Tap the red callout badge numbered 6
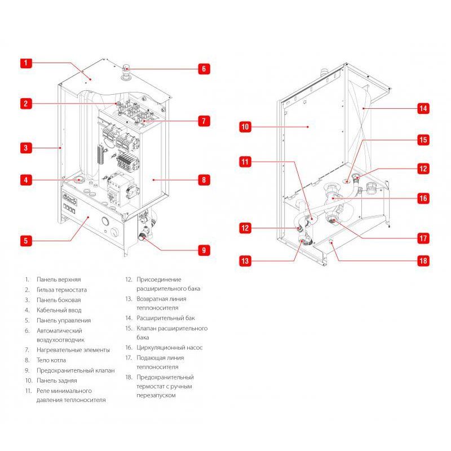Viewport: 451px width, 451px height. click(204, 69)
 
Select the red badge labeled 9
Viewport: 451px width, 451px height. click(204, 250)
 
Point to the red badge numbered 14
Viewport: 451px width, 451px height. click(423, 108)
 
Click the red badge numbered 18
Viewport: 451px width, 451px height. click(423, 261)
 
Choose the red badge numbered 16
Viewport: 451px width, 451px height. click(423, 198)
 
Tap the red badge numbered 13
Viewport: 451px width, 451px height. click(245, 261)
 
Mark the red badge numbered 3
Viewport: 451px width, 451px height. click(26, 148)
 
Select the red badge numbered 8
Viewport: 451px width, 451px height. click(204, 180)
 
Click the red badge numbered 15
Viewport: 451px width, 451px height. click(423, 139)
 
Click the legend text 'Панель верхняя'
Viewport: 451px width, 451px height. click(59, 280)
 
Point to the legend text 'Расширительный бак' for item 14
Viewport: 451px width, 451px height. click(164, 318)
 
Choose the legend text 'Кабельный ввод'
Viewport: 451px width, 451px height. click(59, 310)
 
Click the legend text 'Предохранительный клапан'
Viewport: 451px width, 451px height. click(76, 370)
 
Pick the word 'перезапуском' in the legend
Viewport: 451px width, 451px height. click(156, 396)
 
